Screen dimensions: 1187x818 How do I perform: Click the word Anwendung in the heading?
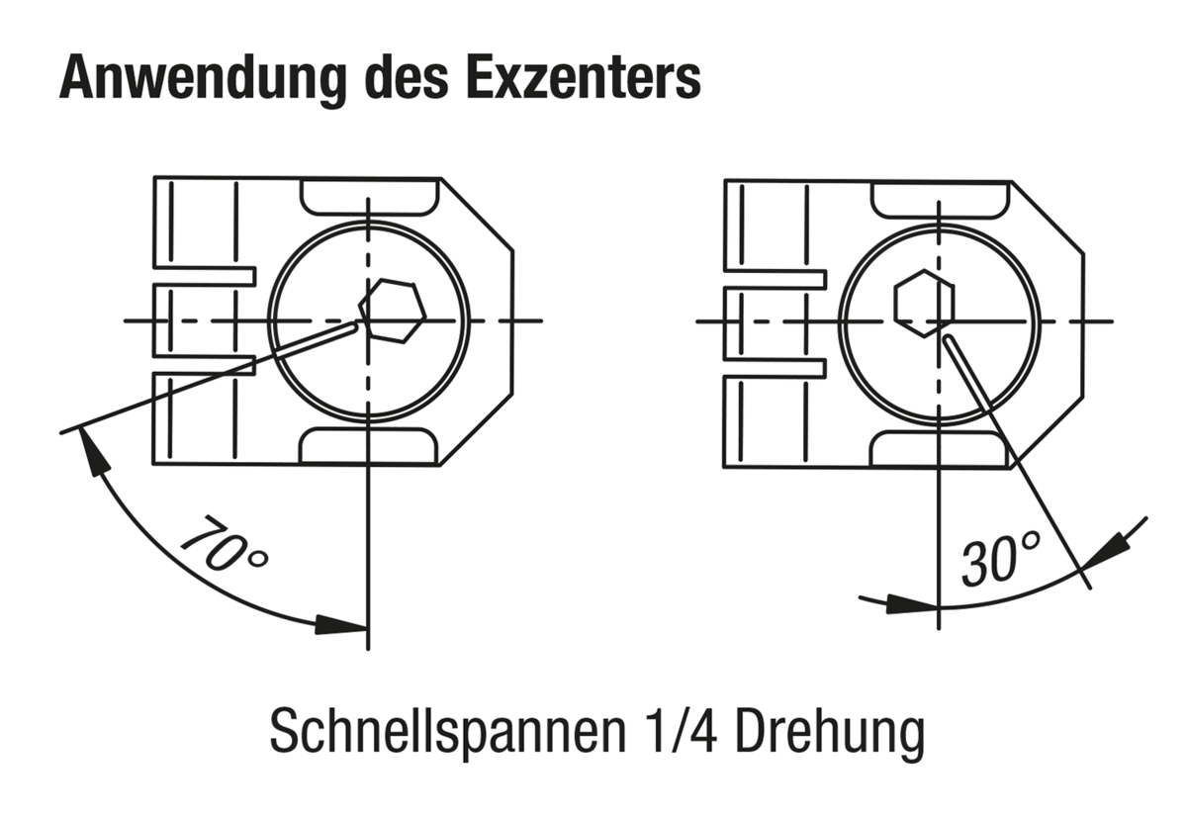coord(203,78)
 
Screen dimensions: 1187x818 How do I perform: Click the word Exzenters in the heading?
coord(584,77)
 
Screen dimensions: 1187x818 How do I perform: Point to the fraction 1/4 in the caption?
coord(682,731)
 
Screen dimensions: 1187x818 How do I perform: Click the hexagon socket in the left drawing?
coord(393,311)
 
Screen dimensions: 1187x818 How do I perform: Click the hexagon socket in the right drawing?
coord(924,304)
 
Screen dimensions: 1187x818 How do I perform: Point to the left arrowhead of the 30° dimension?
coord(912,604)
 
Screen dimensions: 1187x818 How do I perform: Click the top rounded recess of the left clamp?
coord(370,197)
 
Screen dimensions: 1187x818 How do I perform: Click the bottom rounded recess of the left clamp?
coord(369,446)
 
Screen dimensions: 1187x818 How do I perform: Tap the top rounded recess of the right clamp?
coord(941,201)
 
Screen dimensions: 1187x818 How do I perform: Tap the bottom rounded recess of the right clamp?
coord(939,449)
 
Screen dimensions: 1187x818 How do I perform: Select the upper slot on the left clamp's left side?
coord(205,276)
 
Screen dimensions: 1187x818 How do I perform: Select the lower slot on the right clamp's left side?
coord(775,368)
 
